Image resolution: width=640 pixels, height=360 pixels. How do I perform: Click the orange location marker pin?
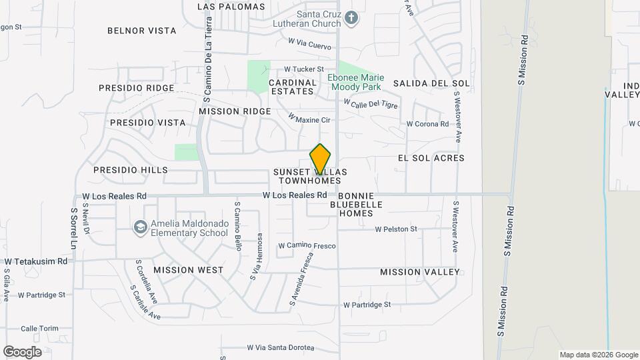pyautogui.click(x=320, y=159)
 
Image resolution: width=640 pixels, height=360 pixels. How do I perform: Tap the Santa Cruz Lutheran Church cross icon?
pyautogui.click(x=352, y=18)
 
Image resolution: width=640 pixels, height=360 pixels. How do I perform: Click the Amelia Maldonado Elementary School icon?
pyautogui.click(x=140, y=228)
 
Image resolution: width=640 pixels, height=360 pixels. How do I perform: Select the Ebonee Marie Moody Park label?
pyautogui.click(x=354, y=82)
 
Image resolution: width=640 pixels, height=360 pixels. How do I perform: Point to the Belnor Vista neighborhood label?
pyautogui.click(x=142, y=31)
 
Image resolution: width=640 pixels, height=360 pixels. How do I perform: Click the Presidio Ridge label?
pyautogui.click(x=136, y=88)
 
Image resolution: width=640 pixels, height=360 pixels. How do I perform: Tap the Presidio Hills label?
pyautogui.click(x=131, y=170)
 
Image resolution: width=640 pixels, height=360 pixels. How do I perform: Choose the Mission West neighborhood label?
pyautogui.click(x=189, y=271)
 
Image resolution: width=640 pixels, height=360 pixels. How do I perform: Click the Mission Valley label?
pyautogui.click(x=420, y=272)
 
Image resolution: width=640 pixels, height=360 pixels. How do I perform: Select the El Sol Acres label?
pyautogui.click(x=431, y=158)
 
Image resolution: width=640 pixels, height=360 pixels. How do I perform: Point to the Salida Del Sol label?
pyautogui.click(x=431, y=83)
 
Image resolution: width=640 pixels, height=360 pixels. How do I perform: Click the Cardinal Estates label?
pyautogui.click(x=291, y=87)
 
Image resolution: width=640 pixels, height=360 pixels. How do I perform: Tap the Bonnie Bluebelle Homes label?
pyautogui.click(x=356, y=205)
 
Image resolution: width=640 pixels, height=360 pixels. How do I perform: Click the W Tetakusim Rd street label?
pyautogui.click(x=36, y=262)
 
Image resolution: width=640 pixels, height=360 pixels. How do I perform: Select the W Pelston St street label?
pyautogui.click(x=396, y=229)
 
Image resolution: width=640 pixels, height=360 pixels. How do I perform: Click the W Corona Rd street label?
pyautogui.click(x=428, y=124)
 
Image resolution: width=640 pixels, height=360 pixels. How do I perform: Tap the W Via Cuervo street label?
pyautogui.click(x=309, y=41)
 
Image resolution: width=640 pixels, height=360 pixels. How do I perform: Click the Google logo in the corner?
pyautogui.click(x=22, y=351)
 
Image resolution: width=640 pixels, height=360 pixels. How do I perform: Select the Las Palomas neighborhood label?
pyautogui.click(x=231, y=7)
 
